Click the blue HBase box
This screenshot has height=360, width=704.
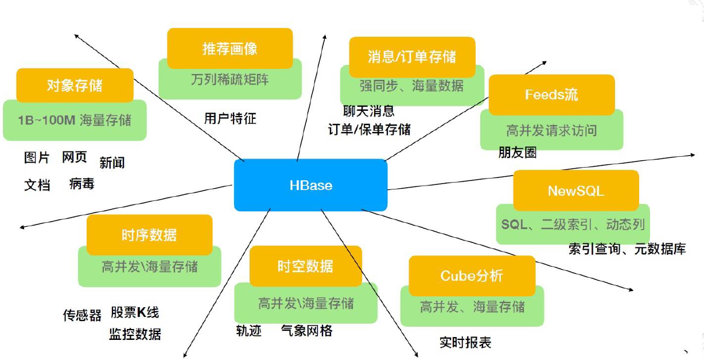point(310,185)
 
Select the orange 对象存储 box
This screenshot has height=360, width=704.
point(75,86)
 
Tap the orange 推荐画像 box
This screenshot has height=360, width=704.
point(230,49)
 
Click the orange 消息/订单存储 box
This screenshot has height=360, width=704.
point(412,56)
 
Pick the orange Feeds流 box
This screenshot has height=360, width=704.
point(551,95)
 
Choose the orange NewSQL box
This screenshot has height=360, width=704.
point(575,191)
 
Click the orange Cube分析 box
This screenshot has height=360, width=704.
point(472,276)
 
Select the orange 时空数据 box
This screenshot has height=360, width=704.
point(305,266)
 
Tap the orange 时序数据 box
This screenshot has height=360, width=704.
point(149,234)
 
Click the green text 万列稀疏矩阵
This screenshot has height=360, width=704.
point(230,79)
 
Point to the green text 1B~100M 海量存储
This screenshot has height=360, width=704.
point(75,120)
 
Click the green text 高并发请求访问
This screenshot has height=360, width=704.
point(551,131)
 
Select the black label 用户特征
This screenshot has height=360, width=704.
point(230,118)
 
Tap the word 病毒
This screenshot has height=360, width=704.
point(81,184)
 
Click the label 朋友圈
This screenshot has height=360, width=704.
point(518,153)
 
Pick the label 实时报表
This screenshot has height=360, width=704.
point(465,343)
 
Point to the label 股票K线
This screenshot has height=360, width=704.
point(135,312)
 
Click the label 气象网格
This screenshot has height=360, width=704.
point(307,331)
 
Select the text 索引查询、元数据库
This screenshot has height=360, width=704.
point(627,249)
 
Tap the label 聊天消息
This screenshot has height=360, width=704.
point(368,111)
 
